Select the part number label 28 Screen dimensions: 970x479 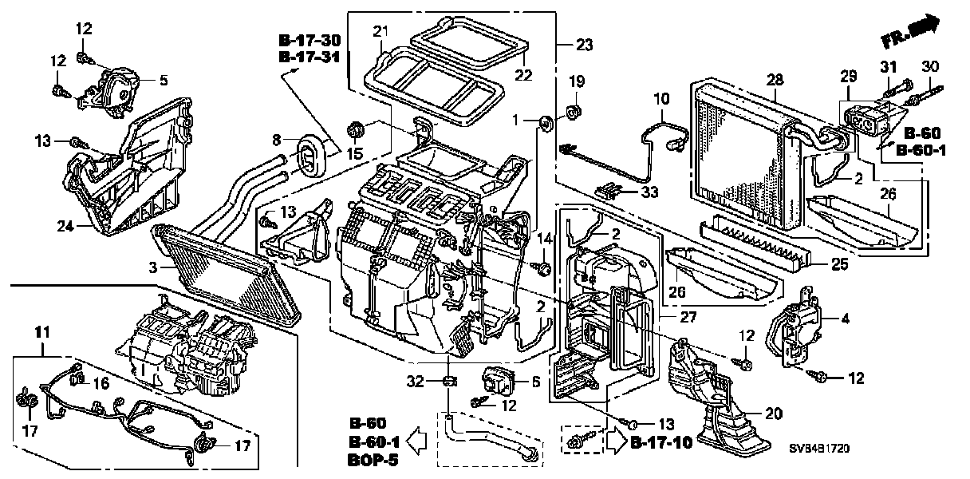775,80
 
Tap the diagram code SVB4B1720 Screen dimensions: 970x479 819,448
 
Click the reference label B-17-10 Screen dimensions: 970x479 661,442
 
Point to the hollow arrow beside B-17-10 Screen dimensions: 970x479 616,441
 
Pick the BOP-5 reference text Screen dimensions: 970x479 373,460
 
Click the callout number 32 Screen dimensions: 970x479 415,382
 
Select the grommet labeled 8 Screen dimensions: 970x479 311,157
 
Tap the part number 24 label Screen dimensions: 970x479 65,226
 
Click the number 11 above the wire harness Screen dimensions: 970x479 42,332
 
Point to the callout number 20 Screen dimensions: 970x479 774,414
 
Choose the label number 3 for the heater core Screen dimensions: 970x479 153,268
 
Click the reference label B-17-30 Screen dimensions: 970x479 310,40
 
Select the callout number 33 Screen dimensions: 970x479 649,192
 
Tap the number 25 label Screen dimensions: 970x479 839,264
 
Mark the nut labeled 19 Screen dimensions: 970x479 574,113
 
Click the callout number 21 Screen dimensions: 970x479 381,32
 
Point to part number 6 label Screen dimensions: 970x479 536,382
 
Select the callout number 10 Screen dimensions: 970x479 661,99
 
